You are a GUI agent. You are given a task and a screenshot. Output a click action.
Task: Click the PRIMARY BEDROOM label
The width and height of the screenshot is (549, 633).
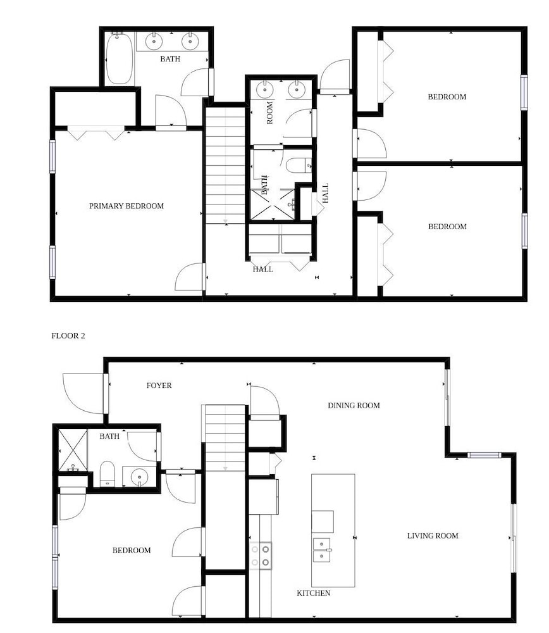click(126, 206)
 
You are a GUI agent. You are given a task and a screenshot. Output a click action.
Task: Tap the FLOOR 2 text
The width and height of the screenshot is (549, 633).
click(68, 336)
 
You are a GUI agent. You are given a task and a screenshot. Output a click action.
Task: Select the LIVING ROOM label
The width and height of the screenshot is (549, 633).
click(433, 536)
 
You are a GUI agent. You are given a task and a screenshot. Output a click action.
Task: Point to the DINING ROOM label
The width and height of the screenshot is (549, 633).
click(354, 405)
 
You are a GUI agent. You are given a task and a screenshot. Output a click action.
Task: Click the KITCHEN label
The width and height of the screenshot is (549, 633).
click(314, 593)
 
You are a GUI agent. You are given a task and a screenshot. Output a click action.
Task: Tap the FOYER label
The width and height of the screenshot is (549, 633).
click(159, 385)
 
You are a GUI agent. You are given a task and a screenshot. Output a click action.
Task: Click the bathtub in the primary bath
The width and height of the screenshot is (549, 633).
click(119, 58)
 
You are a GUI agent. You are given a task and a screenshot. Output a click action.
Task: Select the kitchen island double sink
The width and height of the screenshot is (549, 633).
click(322, 550)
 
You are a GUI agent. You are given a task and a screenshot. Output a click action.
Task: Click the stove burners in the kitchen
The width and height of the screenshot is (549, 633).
click(260, 556)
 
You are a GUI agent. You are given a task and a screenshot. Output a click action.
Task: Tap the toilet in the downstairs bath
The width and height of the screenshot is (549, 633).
click(108, 473)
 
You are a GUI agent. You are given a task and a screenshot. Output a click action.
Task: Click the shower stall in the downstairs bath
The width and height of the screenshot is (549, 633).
click(73, 450)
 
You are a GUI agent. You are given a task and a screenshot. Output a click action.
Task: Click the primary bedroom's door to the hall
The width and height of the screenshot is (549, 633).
click(190, 277)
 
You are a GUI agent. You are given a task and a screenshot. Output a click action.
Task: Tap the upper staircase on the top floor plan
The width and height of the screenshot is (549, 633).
click(225, 165)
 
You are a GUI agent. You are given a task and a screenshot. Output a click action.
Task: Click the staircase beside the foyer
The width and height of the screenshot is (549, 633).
click(225, 438)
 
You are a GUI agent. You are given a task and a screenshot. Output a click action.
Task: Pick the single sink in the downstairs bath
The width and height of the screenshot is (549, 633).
click(139, 477)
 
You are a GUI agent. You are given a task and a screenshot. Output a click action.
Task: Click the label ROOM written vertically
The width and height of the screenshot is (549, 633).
click(269, 113)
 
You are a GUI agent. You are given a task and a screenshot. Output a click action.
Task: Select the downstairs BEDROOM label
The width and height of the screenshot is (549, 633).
click(132, 550)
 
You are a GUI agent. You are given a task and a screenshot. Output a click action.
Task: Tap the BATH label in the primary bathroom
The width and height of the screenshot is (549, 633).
click(170, 59)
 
